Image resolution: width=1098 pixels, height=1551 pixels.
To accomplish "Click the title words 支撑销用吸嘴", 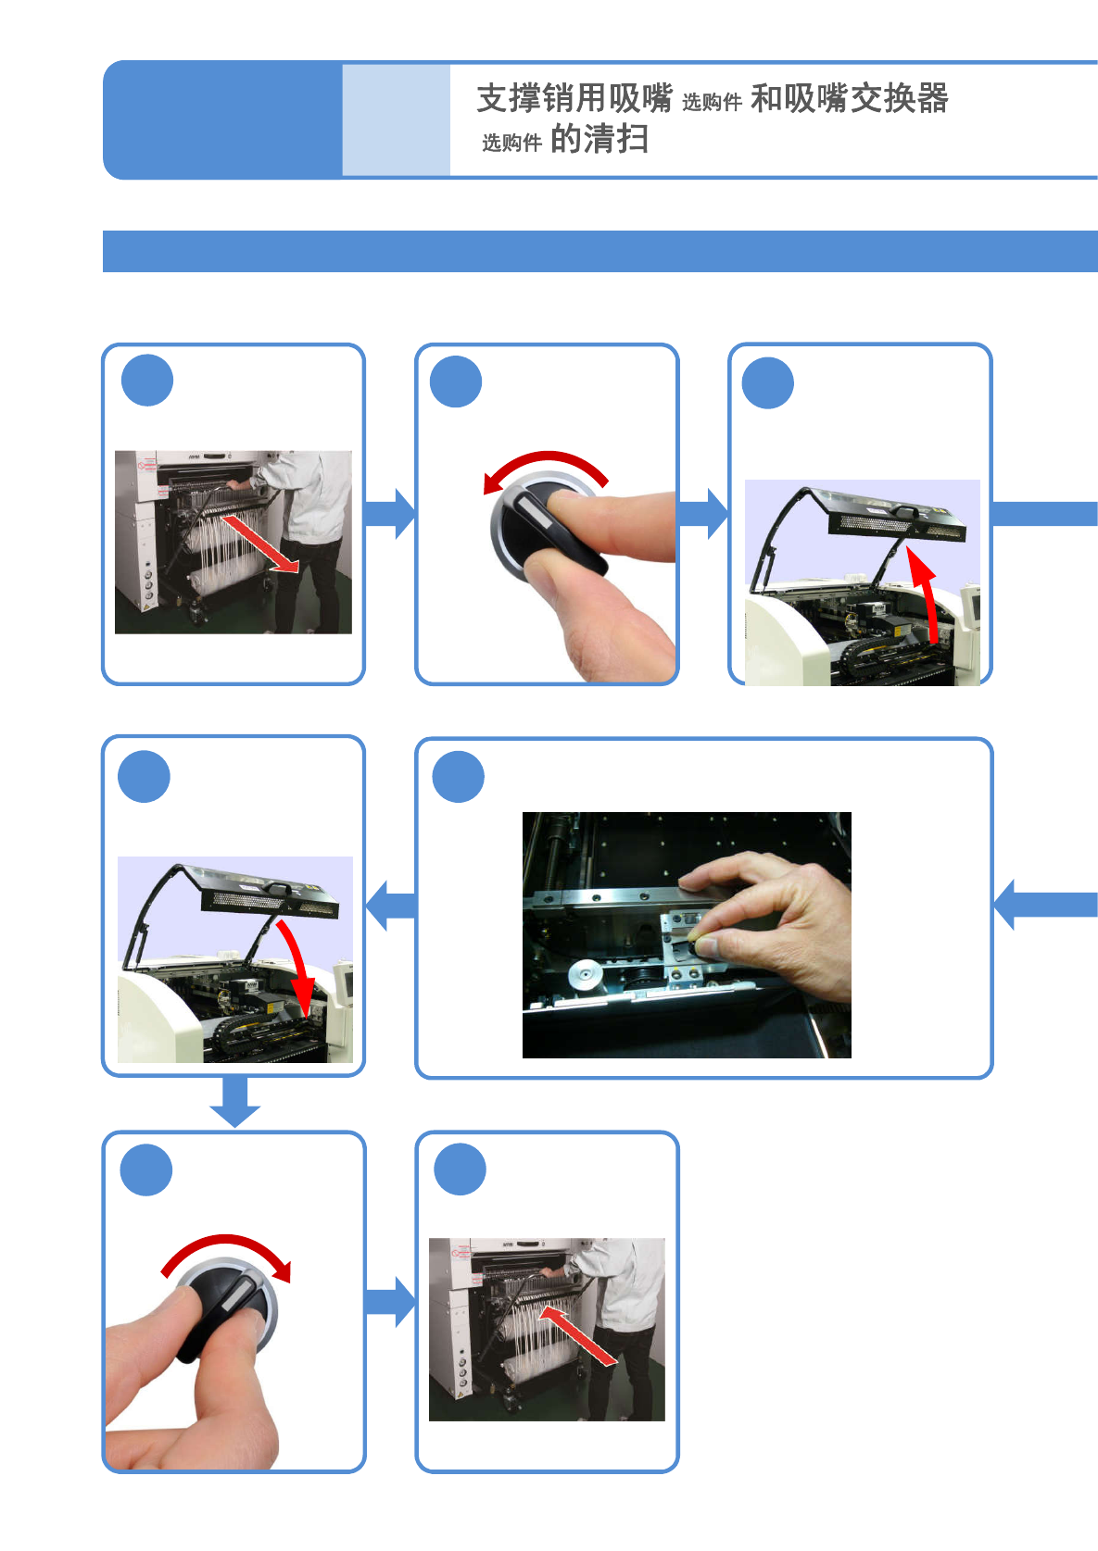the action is click(x=574, y=98).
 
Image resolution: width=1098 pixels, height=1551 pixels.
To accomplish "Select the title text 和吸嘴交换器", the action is click(x=849, y=98).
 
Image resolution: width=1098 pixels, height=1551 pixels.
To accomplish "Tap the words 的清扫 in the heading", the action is click(x=599, y=140).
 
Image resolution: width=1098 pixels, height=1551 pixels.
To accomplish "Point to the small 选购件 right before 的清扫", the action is click(x=511, y=143).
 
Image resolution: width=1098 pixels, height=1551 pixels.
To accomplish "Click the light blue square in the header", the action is click(x=396, y=119).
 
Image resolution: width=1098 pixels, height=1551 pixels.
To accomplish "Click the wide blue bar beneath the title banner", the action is click(x=599, y=251).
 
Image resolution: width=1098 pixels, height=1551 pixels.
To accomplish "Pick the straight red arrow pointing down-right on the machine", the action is click(x=261, y=544).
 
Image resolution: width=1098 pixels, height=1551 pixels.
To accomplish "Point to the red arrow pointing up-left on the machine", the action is click(x=576, y=1334).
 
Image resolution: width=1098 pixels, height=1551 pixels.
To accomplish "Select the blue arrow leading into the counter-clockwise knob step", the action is click(x=390, y=514).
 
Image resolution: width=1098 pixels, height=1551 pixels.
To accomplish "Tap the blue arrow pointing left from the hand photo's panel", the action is click(x=391, y=906).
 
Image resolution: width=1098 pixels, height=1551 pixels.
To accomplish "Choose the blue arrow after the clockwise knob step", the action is click(x=390, y=1301).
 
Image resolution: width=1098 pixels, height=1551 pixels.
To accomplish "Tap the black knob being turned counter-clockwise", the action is click(x=547, y=528).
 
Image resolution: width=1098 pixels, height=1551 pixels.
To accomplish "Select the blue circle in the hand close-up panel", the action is click(x=459, y=777).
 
